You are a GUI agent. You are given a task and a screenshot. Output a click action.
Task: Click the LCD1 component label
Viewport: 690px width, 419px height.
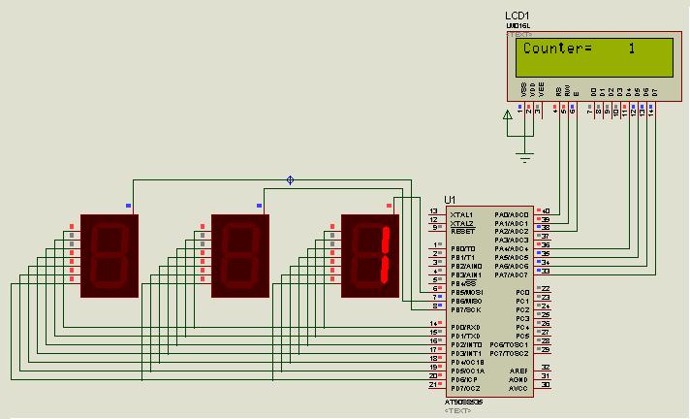517,16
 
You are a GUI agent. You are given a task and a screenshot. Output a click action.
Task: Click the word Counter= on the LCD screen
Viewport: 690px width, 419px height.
557,48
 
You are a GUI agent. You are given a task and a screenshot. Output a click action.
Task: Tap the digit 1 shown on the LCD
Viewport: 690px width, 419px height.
631,48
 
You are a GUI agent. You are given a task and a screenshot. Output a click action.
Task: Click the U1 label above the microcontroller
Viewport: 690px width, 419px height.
450,200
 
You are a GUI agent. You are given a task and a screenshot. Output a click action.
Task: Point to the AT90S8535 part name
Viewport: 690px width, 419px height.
460,402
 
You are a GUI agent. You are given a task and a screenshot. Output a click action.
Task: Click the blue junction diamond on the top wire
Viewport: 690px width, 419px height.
289,179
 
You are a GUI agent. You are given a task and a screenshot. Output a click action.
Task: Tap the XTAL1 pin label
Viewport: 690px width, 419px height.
461,214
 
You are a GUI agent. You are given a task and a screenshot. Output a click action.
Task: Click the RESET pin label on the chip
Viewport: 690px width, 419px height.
461,232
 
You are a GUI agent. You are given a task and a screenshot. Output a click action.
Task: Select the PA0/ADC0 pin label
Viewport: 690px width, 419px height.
511,214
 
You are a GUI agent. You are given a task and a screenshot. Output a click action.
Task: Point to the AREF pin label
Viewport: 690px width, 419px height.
517,371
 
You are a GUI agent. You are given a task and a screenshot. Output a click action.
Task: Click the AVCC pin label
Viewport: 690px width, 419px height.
517,388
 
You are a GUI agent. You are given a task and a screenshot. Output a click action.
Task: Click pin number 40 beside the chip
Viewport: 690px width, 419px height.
546,210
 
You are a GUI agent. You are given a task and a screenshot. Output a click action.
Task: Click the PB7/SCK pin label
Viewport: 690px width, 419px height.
466,309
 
